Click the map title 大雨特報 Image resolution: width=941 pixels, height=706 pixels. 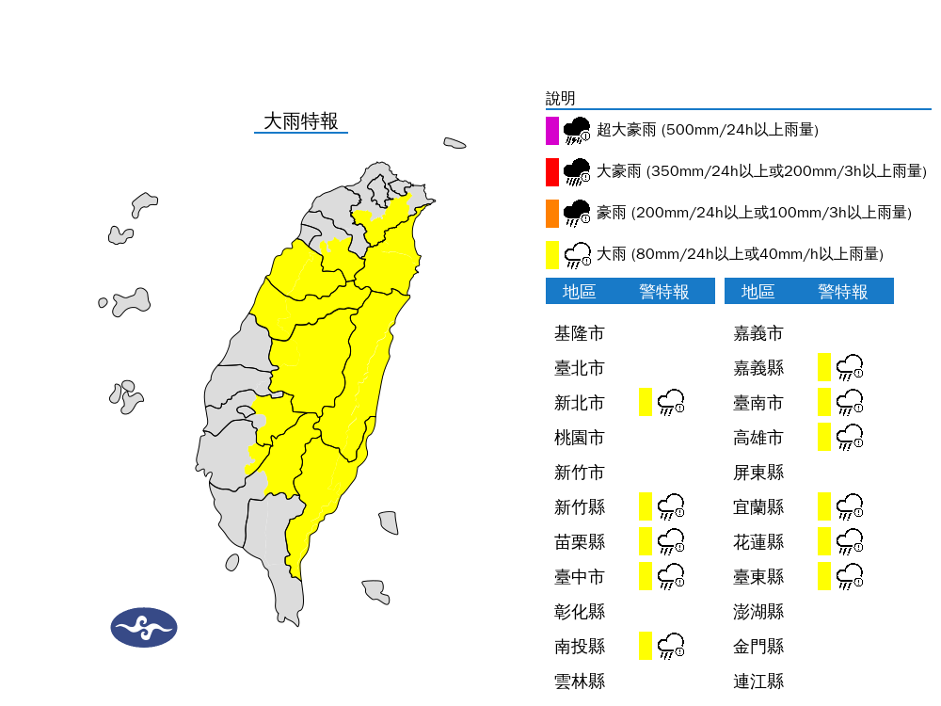300,121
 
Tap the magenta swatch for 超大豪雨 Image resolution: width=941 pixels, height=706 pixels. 552,130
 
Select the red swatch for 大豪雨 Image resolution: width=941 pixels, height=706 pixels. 552,171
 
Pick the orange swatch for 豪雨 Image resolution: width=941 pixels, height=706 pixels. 552,213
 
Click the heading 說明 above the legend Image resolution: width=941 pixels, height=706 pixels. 560,99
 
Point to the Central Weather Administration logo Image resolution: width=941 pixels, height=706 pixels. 144,627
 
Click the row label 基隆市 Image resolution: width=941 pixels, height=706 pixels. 580,333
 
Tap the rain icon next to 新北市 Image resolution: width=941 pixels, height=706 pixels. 671,402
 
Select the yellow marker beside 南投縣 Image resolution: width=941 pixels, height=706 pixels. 646,646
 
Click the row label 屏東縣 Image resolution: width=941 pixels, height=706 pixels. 758,473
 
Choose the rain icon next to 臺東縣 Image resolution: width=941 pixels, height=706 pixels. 850,576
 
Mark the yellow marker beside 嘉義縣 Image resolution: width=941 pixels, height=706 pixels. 824,367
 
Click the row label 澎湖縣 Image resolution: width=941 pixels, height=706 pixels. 758,612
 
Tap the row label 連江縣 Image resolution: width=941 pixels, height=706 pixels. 758,682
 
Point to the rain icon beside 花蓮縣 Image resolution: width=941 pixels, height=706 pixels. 850,541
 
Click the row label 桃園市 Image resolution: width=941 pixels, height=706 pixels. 580,438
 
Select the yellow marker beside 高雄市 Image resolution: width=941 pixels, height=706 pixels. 824,437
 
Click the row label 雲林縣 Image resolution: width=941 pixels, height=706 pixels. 580,682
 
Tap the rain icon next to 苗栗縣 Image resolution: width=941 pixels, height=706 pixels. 671,541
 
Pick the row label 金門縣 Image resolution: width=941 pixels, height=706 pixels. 758,647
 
